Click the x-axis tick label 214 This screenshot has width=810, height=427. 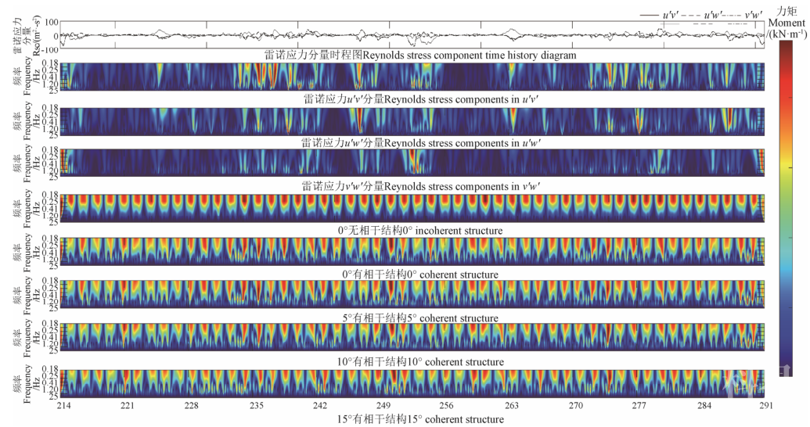point(60,407)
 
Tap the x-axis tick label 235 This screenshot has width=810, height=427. point(255,407)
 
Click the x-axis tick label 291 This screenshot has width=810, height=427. point(766,407)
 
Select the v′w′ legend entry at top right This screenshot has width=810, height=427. point(754,15)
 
